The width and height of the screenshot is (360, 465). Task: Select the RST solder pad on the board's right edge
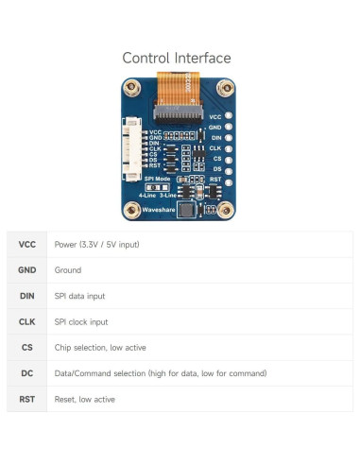click(x=228, y=179)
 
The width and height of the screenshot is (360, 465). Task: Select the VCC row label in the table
click(x=27, y=244)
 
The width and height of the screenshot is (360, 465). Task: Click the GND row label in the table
click(x=27, y=269)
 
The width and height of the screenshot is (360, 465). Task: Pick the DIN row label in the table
click(x=27, y=296)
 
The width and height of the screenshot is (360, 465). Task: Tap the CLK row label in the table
click(x=27, y=321)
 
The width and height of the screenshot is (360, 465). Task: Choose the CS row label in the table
click(x=27, y=347)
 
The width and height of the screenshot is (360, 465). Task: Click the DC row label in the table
click(x=27, y=373)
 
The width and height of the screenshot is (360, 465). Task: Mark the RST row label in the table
click(x=27, y=399)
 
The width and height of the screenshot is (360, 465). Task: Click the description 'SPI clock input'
click(x=81, y=321)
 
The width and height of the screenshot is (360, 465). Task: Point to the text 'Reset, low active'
click(x=85, y=399)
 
